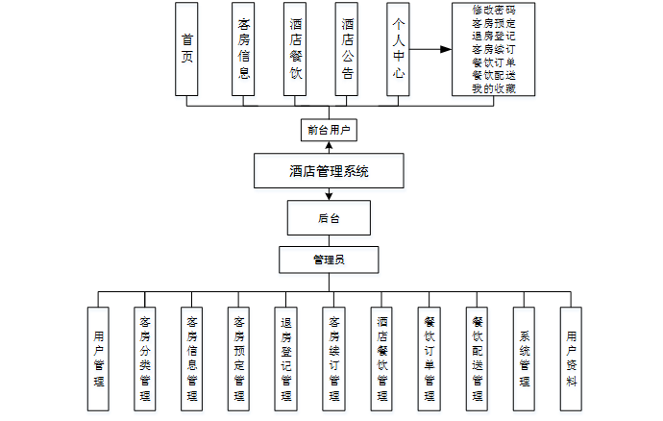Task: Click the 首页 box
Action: (x=187, y=48)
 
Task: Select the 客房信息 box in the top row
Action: (x=245, y=48)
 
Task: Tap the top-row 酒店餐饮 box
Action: (x=297, y=48)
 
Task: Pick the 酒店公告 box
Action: (x=348, y=48)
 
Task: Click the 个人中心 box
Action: (x=399, y=48)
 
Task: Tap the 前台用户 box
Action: (x=328, y=129)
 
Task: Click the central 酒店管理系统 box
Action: (x=329, y=172)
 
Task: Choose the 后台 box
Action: (x=328, y=218)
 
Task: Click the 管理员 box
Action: (x=328, y=260)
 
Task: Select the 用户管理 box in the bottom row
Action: (x=99, y=359)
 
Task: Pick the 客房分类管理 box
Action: (x=145, y=359)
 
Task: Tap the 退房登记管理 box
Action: (x=286, y=359)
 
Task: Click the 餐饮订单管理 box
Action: (x=430, y=359)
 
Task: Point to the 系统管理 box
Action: (x=525, y=359)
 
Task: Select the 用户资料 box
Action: (x=572, y=359)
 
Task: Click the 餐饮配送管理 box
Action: (x=478, y=359)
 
